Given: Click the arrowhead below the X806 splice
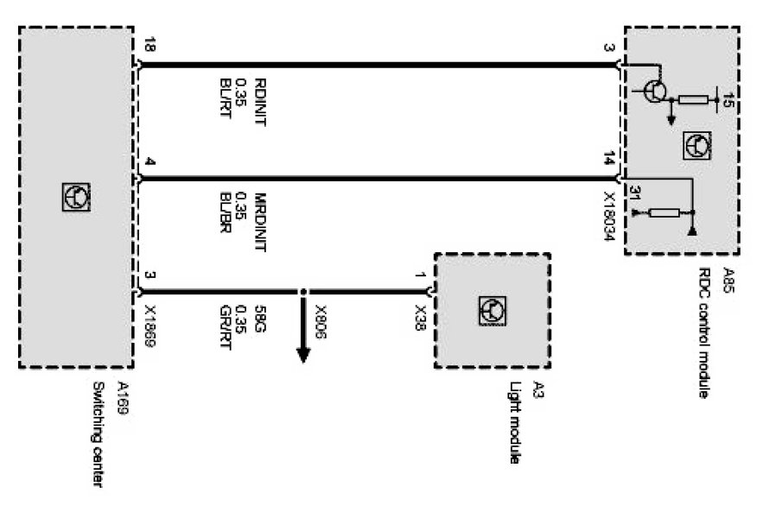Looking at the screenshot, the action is [303, 356].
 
